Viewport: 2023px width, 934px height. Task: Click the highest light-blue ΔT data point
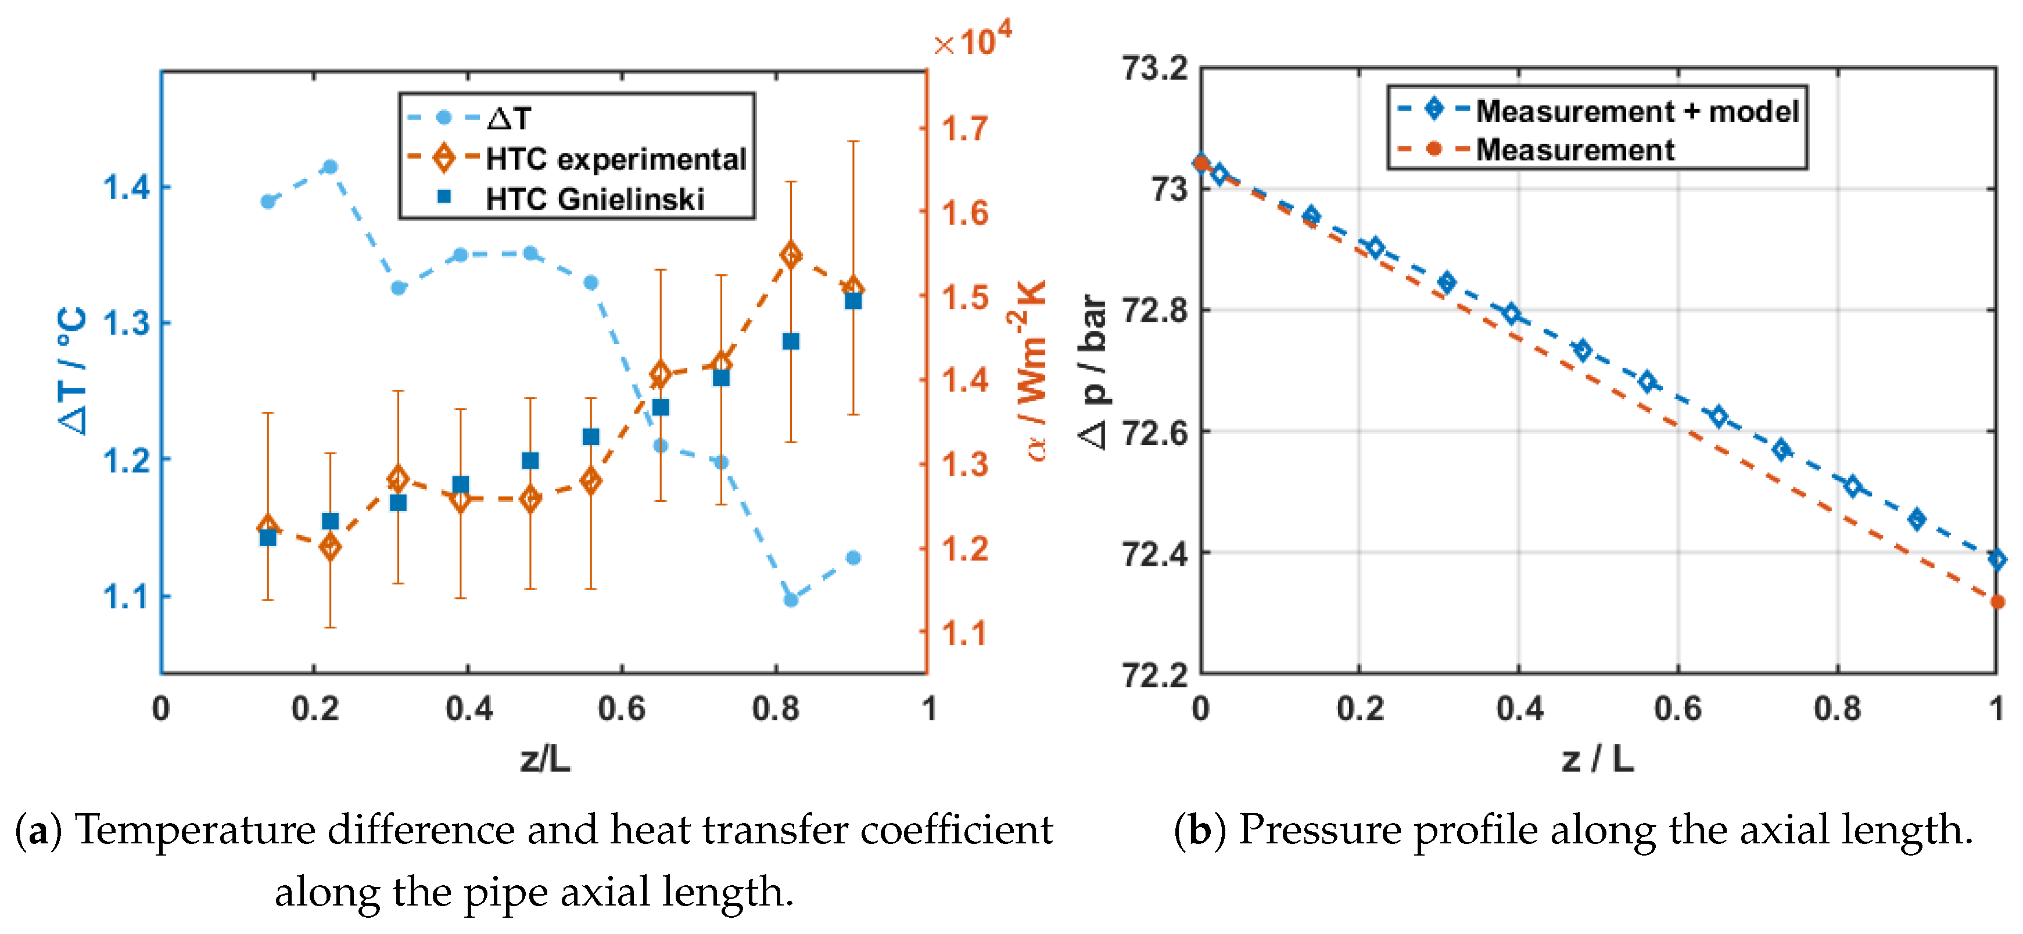pyautogui.click(x=331, y=166)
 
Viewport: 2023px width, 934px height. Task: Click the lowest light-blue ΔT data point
pyautogui.click(x=791, y=599)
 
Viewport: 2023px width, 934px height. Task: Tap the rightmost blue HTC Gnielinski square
pyautogui.click(x=853, y=301)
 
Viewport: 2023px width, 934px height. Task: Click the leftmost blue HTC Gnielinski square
pyautogui.click(x=268, y=538)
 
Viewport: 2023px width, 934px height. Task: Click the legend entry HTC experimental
pyautogui.click(x=614, y=159)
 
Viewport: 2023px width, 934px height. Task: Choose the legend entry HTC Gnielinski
pyautogui.click(x=594, y=199)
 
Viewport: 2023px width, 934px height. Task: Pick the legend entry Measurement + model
pyautogui.click(x=1637, y=112)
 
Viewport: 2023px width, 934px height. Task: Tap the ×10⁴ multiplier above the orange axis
pyautogui.click(x=972, y=41)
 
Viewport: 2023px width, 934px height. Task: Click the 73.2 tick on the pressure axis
pyautogui.click(x=1154, y=69)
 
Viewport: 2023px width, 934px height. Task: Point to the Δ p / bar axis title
pyautogui.click(x=1094, y=371)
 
